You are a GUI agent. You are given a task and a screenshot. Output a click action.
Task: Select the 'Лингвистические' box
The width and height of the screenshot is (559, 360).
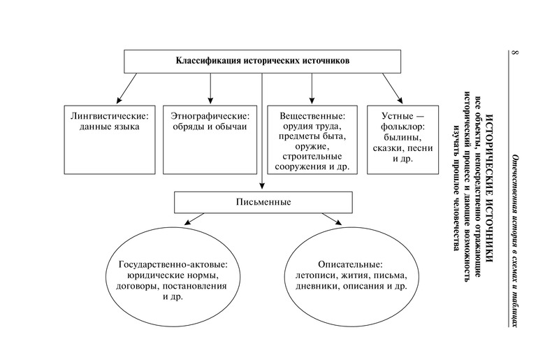point(106,137)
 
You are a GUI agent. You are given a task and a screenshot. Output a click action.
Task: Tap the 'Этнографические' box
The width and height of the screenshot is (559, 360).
point(210,137)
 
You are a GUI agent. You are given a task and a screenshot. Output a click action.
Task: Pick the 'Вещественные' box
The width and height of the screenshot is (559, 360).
point(312,137)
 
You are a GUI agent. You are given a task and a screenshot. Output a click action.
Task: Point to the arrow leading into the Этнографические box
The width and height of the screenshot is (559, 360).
point(210,87)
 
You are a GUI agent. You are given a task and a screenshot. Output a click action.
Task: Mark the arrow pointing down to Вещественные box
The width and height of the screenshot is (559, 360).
point(312,87)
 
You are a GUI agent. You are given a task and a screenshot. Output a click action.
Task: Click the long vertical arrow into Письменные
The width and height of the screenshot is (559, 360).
point(263,133)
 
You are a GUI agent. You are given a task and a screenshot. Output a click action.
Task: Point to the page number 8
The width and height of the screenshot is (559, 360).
point(515,54)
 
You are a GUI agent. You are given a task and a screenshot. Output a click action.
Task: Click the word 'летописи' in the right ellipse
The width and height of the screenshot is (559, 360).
point(314,276)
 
